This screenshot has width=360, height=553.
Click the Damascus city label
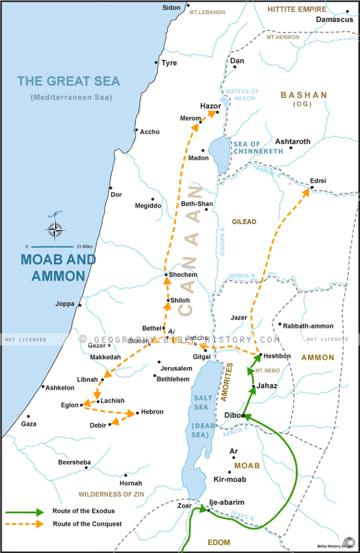334,20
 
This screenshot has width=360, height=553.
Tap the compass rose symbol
56,229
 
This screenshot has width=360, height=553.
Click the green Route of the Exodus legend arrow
25,512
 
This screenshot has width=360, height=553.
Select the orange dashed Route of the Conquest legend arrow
25,524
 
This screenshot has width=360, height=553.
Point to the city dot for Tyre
156,63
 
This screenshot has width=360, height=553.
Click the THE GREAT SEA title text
69,81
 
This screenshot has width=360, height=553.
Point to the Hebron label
152,412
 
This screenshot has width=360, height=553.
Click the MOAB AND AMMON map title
58,268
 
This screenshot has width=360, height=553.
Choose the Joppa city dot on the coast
80,305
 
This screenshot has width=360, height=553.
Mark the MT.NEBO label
263,371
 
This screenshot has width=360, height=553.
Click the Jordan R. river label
222,241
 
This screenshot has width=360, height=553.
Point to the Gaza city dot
28,416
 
